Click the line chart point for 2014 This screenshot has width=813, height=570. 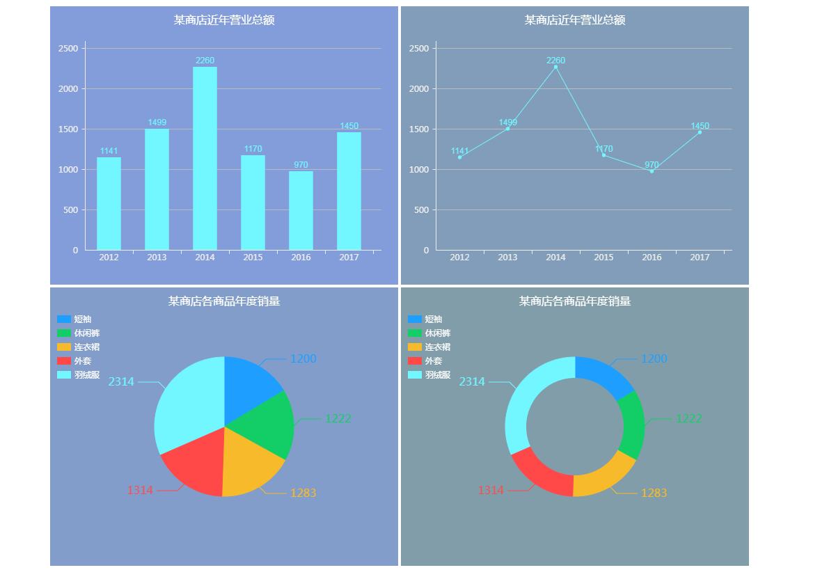[555, 68]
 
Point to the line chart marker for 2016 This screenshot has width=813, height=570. [652, 171]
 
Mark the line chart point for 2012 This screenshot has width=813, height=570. [459, 157]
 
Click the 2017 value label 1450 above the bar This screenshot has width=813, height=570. [349, 126]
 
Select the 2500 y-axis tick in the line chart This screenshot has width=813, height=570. [419, 49]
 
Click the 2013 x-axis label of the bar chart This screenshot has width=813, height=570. [157, 258]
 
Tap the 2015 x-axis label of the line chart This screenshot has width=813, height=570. [603, 258]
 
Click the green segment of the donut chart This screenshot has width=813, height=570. [632, 425]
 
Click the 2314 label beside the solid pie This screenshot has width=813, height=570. [121, 381]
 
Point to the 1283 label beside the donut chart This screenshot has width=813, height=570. [654, 493]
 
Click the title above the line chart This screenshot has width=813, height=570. [575, 20]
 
